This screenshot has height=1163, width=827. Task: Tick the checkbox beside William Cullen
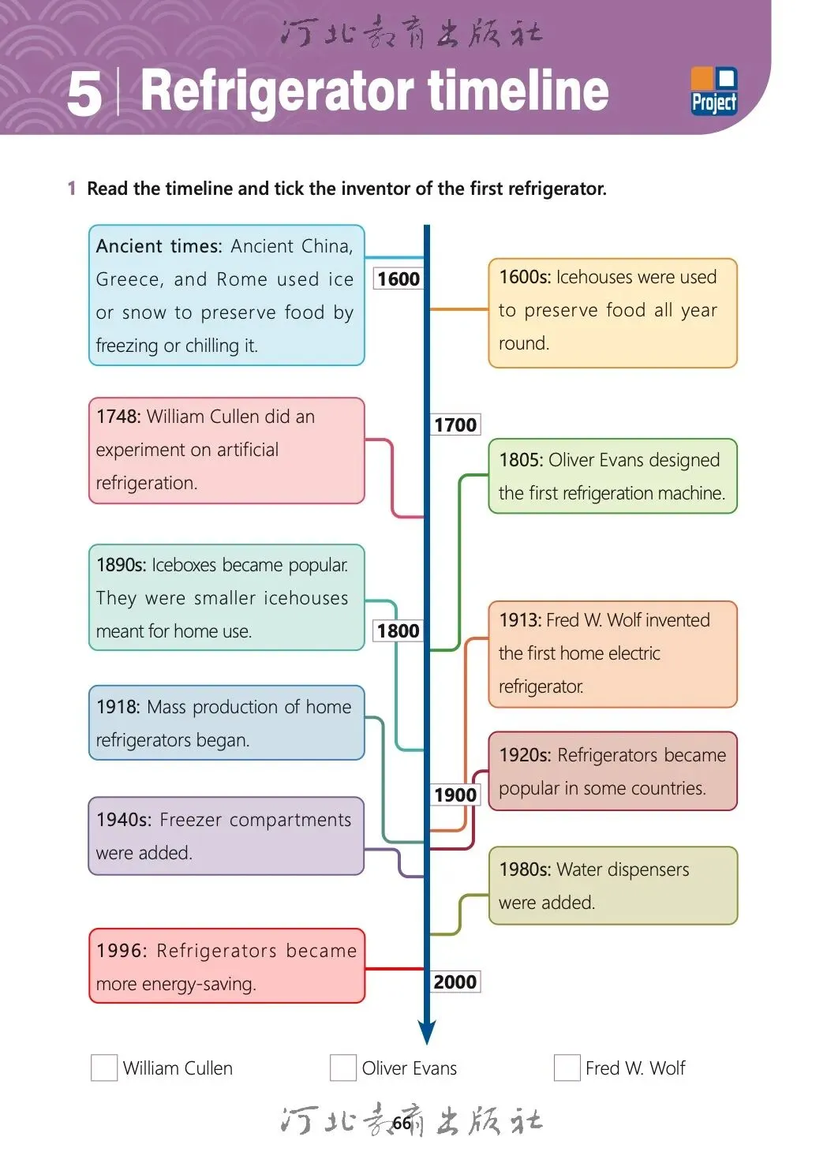[x=104, y=1068]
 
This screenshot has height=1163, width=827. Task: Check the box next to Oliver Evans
[x=342, y=1068]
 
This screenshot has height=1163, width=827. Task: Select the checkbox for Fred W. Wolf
[x=567, y=1068]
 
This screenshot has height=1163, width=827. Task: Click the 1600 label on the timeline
[x=398, y=279]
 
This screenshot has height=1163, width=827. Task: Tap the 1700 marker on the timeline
[x=455, y=425]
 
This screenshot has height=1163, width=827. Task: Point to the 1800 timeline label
[x=398, y=630]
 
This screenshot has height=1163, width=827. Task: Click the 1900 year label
[x=455, y=795]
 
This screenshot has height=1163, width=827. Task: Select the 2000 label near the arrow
[x=455, y=982]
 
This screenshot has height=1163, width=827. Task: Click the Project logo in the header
[x=713, y=92]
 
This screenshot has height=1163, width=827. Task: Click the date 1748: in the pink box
[x=118, y=417]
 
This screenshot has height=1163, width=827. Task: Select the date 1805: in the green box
[x=521, y=460]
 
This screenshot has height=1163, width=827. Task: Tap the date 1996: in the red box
[x=122, y=951]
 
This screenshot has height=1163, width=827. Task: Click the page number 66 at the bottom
[x=402, y=1123]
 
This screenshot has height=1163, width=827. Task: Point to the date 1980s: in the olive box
[x=525, y=869]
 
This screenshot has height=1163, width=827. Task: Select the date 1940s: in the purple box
[x=124, y=820]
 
